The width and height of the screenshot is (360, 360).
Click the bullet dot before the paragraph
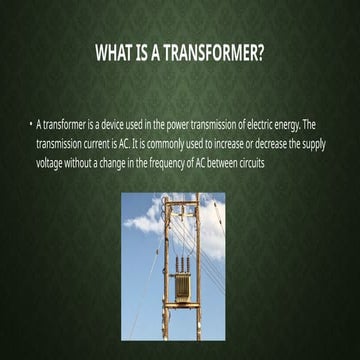[30, 128]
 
